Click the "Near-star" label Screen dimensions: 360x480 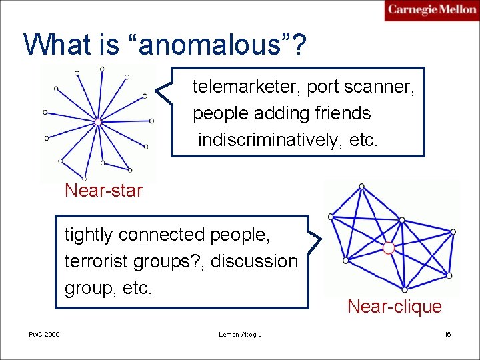pyautogui.click(x=103, y=191)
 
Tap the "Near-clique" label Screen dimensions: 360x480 pyautogui.click(x=394, y=307)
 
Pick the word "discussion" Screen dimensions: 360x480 pyautogui.click(x=254, y=261)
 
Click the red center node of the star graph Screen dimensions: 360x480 pyautogui.click(x=98, y=123)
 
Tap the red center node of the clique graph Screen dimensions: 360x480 pyautogui.click(x=389, y=248)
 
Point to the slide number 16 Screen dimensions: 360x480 pyautogui.click(x=447, y=334)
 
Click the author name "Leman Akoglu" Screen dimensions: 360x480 pyautogui.click(x=240, y=334)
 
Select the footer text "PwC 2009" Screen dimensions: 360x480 pyautogui.click(x=44, y=334)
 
